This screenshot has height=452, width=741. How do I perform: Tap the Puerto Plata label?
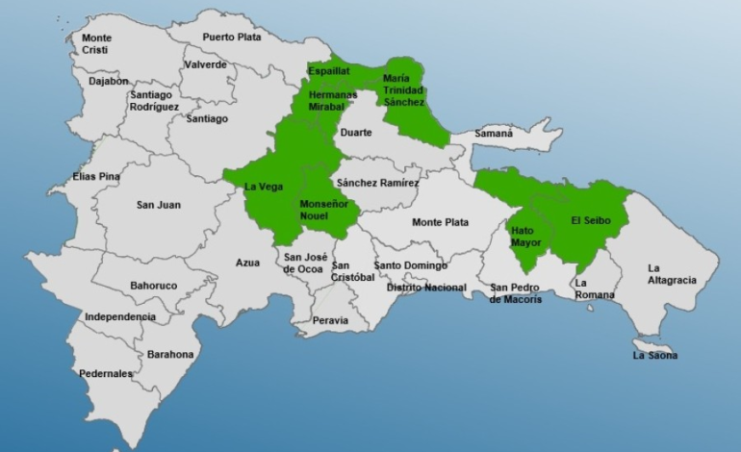point(231,38)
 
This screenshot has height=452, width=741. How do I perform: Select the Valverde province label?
point(206,64)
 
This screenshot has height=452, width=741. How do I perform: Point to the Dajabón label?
point(109,82)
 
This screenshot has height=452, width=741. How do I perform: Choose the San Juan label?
point(158,205)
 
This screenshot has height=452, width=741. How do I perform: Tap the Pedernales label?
point(105,373)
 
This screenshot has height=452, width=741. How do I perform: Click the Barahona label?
point(170,354)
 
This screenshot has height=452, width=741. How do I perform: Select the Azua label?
point(247,263)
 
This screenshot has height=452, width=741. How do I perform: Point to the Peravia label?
point(330,320)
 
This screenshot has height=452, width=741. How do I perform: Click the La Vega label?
point(264,187)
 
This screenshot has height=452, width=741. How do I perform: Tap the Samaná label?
point(494,134)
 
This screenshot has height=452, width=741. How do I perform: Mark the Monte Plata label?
point(441,222)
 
